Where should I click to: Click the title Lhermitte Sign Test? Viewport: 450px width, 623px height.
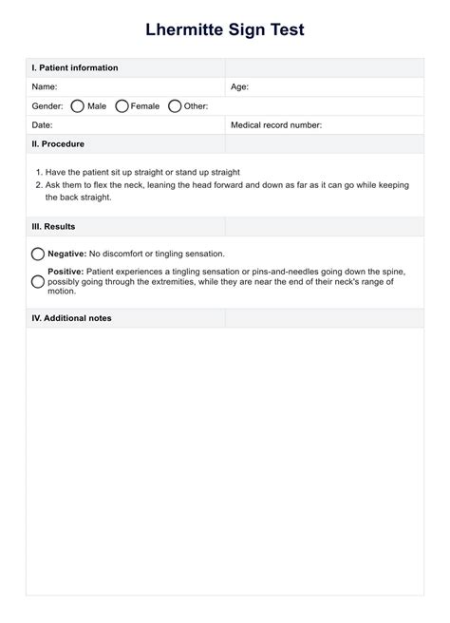(225, 30)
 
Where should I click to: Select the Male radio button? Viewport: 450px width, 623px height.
(77, 106)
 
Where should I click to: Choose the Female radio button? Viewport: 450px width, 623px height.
(122, 106)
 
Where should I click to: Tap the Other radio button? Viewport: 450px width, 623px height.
(175, 106)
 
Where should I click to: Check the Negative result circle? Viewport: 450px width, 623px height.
(38, 255)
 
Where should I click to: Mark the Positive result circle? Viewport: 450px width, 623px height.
(38, 282)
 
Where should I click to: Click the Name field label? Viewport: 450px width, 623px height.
(45, 86)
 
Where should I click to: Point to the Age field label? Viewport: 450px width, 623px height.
(239, 86)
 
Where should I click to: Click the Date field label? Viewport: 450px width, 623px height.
(42, 124)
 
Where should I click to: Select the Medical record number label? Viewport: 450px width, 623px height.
(276, 124)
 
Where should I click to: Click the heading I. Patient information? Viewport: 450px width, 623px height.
(75, 67)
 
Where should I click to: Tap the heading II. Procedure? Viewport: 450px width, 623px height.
(58, 143)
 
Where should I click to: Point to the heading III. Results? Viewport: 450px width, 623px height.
(53, 227)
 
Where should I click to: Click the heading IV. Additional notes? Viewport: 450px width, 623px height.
(71, 318)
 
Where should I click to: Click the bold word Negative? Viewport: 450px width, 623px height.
(66, 254)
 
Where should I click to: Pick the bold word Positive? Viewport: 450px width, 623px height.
(66, 272)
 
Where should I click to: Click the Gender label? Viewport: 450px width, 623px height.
(47, 106)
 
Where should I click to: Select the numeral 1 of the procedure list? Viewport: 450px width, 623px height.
(38, 172)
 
